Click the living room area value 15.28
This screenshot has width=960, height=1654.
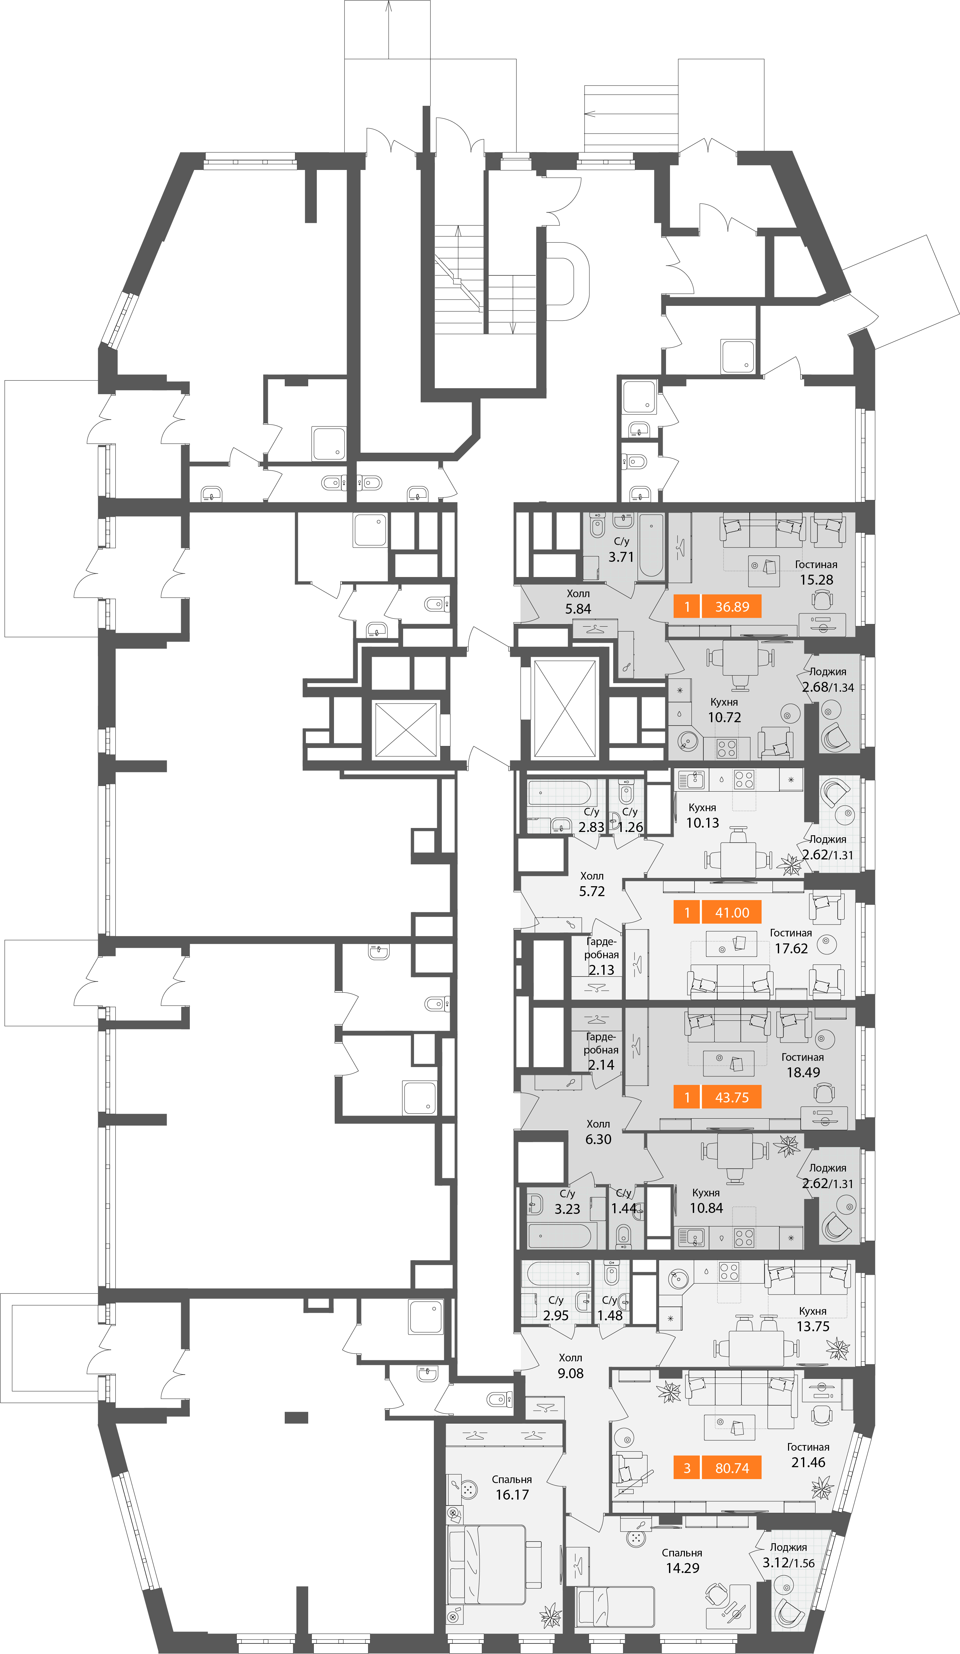tap(816, 580)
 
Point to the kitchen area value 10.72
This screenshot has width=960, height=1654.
tap(725, 718)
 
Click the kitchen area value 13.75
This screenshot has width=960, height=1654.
tap(813, 1327)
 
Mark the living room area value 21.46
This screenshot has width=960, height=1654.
tap(809, 1462)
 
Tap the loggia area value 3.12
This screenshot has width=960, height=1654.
tap(775, 1563)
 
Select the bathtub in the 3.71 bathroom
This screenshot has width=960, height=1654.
tap(651, 546)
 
